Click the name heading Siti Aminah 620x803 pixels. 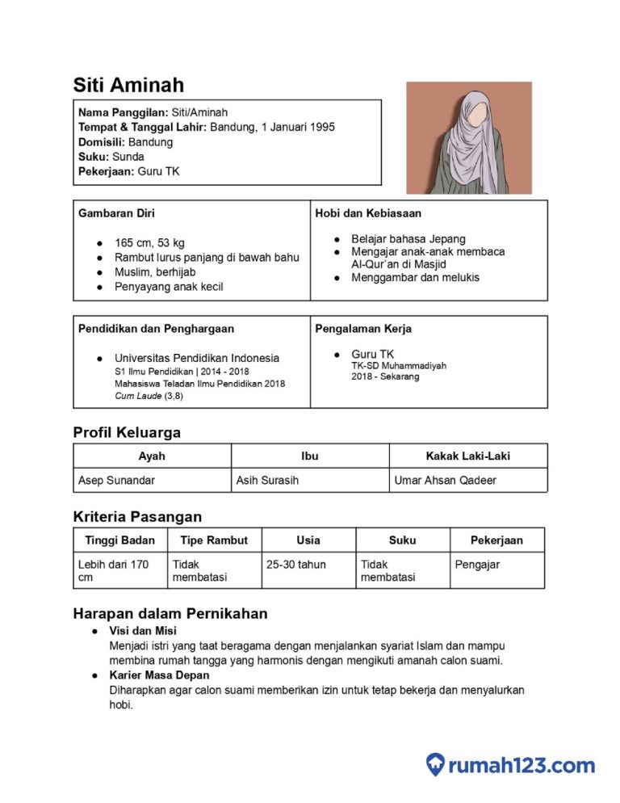pos(128,85)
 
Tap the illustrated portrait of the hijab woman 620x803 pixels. pos(468,137)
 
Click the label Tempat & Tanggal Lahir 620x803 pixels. pos(142,127)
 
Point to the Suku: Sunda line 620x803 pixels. pos(111,157)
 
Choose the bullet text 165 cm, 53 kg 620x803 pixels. pos(149,242)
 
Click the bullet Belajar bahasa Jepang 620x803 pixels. pos(408,239)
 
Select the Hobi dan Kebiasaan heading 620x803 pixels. pos(368,213)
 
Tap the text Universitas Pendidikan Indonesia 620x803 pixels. pos(197,358)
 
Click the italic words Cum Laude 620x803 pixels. pos(138,397)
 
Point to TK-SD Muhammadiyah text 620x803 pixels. pos(399,366)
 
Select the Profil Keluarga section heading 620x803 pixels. pos(127,432)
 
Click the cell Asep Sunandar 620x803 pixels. pos(116,480)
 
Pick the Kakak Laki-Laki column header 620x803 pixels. pos(467,456)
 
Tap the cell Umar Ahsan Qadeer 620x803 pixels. pos(445,480)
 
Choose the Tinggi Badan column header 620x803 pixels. pos(119,540)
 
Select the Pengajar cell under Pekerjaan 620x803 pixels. pos(477,564)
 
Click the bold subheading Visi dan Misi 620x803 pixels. pos(143,630)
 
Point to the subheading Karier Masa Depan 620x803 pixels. pos(159,675)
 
